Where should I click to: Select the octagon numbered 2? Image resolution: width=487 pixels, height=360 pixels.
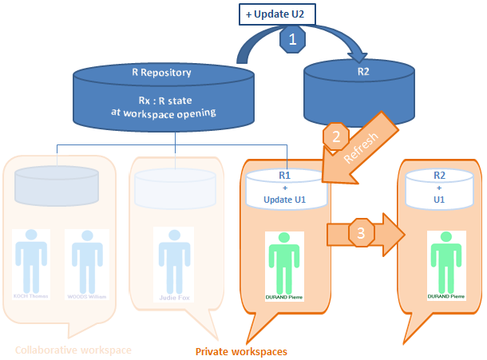(333, 136)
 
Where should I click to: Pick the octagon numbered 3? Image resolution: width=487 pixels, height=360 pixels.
(360, 234)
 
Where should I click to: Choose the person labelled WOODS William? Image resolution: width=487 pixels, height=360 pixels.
(85, 263)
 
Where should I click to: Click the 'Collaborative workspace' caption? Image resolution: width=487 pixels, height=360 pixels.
(73, 350)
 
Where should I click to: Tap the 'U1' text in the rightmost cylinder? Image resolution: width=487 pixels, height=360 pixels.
(439, 198)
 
